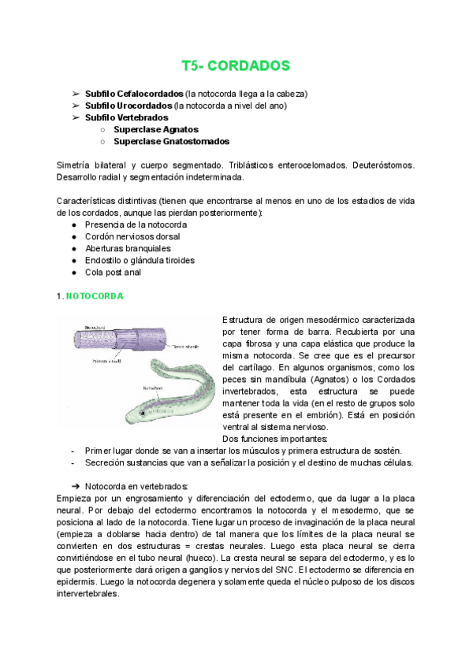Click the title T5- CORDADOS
tap(236, 65)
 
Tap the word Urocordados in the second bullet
tap(143, 105)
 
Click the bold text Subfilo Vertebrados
tap(126, 117)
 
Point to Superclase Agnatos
tap(155, 129)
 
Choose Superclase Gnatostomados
tap(171, 142)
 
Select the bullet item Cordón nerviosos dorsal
tap(136, 236)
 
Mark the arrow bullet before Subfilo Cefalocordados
tap(76, 93)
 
